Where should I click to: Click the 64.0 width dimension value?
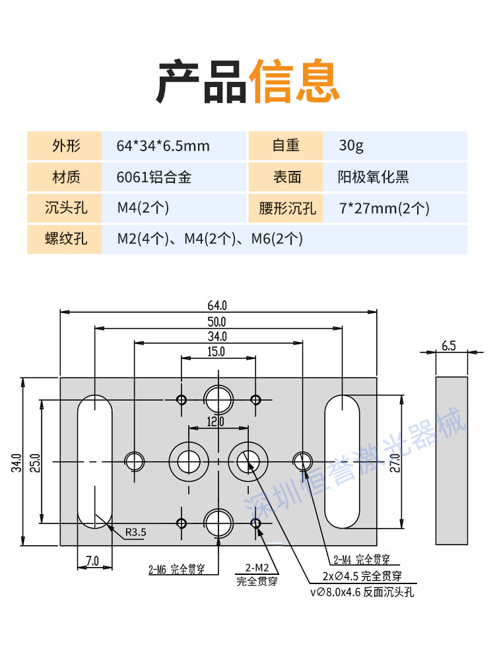pyautogui.click(x=216, y=305)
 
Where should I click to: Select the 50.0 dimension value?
pyautogui.click(x=216, y=322)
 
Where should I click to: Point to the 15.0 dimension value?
pyautogui.click(x=216, y=352)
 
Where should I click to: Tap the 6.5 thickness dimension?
pyautogui.click(x=449, y=346)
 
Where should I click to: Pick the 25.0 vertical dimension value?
pyautogui.click(x=35, y=463)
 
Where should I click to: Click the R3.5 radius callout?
pyautogui.click(x=135, y=533)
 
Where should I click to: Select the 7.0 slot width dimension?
pyautogui.click(x=92, y=560)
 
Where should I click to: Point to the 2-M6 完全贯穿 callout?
pyautogui.click(x=177, y=570)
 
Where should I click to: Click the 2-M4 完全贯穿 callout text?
pyautogui.click(x=362, y=560)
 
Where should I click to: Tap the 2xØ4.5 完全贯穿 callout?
pyautogui.click(x=362, y=576)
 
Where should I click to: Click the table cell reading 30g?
pyautogui.click(x=351, y=146)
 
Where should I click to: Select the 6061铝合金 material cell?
pyautogui.click(x=154, y=177)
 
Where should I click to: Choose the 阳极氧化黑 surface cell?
pyautogui.click(x=374, y=177)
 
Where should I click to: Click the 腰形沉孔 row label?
pyautogui.click(x=287, y=208)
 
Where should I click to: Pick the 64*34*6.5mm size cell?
pyautogui.click(x=163, y=146)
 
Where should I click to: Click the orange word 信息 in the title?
pyautogui.click(x=294, y=81)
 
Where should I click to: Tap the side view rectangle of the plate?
pyautogui.click(x=451, y=461)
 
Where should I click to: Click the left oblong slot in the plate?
pyautogui.click(x=94, y=462)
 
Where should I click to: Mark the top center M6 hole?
pyautogui.click(x=218, y=399)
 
